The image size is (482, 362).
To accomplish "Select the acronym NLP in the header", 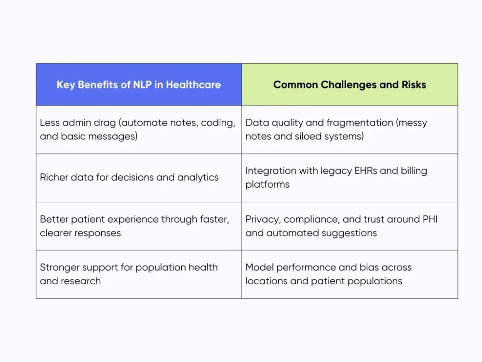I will click(144, 85).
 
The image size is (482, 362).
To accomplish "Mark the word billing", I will click(409, 171).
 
